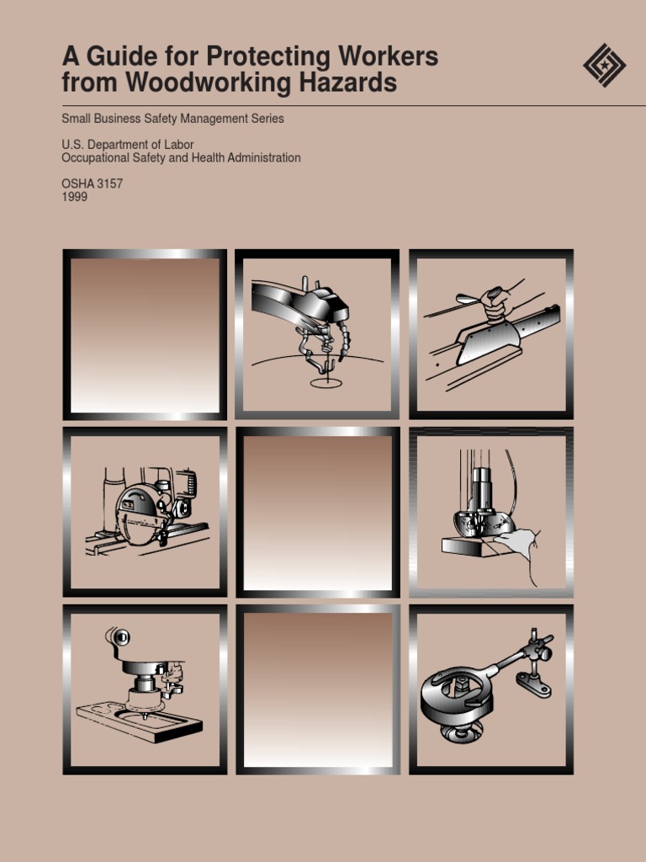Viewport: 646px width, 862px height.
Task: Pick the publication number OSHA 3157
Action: [93, 184]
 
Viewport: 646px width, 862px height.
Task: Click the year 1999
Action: [75, 197]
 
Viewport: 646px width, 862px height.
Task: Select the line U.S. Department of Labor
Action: [128, 145]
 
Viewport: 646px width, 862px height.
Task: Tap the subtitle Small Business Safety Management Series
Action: [172, 119]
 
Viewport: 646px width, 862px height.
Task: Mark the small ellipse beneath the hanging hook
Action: [326, 383]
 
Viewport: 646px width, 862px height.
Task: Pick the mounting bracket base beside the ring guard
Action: [533, 685]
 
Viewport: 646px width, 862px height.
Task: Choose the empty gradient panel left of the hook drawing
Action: [145, 334]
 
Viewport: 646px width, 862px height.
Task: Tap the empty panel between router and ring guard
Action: [318, 689]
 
